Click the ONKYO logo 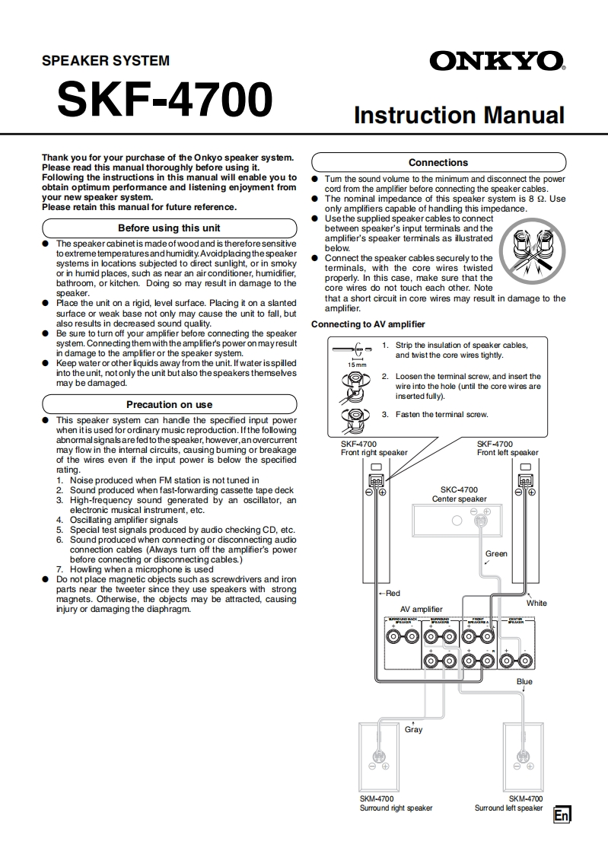[497, 61]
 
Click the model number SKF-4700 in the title [164, 100]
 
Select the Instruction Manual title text [459, 115]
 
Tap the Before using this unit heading [169, 228]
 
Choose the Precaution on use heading [169, 404]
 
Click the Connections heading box [438, 162]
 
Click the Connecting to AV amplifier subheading [368, 324]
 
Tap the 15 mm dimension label [356, 365]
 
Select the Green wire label [496, 553]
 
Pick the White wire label [536, 603]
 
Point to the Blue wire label [524, 681]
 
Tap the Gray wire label [413, 729]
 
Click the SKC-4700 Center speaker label [459, 494]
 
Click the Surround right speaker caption [396, 808]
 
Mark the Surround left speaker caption [508, 808]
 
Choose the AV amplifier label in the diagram [421, 609]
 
